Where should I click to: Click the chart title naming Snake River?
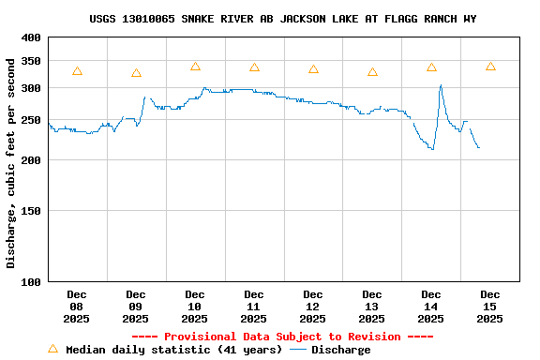289,19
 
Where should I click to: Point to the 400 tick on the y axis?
31,37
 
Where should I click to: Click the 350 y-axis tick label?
31,61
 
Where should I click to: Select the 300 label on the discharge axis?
31,88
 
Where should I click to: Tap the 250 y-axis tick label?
31,121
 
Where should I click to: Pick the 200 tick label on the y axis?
31,160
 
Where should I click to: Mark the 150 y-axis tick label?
31,211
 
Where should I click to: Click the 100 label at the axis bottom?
31,282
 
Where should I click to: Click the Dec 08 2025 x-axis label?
76,307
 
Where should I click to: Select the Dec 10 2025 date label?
194,307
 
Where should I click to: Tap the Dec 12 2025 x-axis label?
312,307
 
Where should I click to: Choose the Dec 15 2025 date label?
489,307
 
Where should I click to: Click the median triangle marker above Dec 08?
77,71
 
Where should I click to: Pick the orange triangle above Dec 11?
254,67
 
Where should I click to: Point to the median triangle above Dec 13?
372,72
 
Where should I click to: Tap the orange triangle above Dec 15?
490,67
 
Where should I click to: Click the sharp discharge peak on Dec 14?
441,86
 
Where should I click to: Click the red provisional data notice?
282,337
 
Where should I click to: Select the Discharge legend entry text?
340,350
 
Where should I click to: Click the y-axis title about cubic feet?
11,163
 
